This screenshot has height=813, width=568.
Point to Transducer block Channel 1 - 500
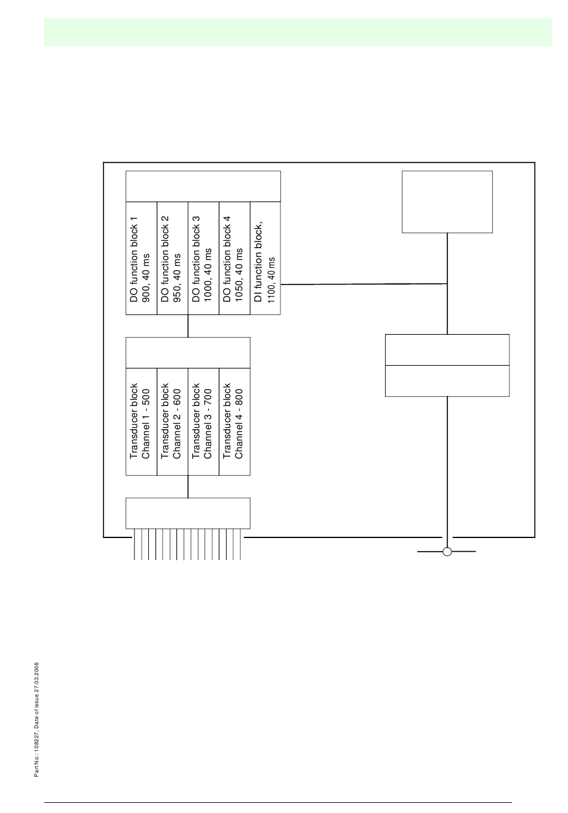(142, 421)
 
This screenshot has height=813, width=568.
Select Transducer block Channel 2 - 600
(173, 421)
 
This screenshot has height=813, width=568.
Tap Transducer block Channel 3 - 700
(204, 421)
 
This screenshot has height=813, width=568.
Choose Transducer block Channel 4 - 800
(235, 421)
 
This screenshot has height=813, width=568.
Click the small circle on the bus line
(447, 551)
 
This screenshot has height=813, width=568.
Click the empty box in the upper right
(447, 201)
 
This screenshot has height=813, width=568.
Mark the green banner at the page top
(298, 32)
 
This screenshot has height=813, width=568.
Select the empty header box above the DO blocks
(203, 186)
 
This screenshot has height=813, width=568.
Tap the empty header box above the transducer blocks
(188, 352)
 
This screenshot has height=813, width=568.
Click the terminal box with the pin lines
(188, 513)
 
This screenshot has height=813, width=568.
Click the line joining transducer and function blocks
(188, 326)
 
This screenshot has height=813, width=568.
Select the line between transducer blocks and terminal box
(188, 487)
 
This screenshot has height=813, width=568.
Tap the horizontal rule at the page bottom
(279, 802)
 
